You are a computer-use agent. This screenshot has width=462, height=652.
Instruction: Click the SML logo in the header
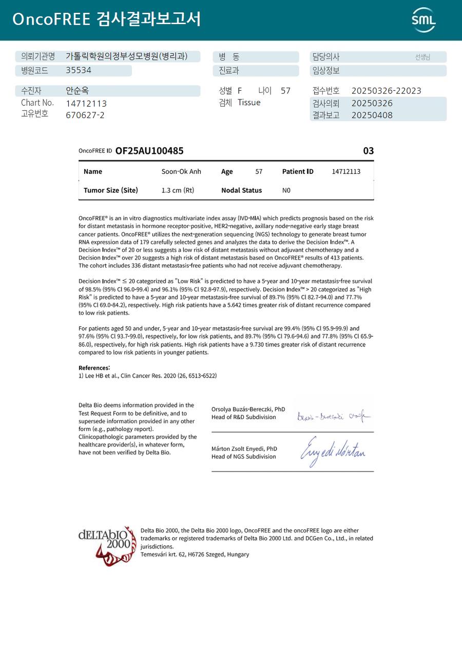(423, 20)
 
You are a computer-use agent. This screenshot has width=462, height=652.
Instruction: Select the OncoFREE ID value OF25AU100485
(149, 151)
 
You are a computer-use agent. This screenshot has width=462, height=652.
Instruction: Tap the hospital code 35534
(79, 70)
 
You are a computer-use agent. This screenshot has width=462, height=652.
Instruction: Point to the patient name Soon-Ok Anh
(181, 171)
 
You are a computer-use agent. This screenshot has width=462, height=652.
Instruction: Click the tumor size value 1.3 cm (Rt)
(178, 190)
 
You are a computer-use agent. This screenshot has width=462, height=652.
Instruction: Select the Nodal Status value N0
(286, 190)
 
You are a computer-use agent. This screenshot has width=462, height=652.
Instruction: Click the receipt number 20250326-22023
(386, 91)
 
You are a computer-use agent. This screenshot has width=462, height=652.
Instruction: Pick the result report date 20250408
(372, 115)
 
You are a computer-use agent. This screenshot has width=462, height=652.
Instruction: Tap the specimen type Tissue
(249, 103)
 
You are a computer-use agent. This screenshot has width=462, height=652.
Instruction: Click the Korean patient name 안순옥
(77, 91)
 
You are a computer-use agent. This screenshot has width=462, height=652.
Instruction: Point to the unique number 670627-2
(85, 115)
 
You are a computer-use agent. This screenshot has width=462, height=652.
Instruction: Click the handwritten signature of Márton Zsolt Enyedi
(333, 451)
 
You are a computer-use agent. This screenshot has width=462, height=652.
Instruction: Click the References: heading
(94, 368)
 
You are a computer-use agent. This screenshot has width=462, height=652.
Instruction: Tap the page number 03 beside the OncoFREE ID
(368, 151)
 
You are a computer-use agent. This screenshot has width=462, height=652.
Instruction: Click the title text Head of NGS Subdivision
(244, 457)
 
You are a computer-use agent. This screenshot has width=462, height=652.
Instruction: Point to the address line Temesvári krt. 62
(195, 554)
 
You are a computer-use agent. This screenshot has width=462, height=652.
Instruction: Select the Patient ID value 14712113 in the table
(346, 171)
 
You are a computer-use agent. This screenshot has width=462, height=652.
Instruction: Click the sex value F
(240, 91)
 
